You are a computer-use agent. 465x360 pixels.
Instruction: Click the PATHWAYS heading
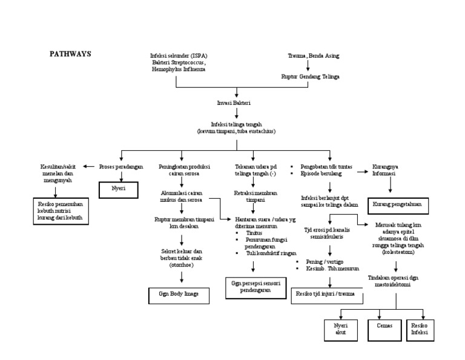pyautogui.click(x=70, y=53)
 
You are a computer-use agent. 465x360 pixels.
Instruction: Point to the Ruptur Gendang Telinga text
pyautogui.click(x=310, y=77)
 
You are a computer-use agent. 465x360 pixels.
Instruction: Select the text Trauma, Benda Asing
pyautogui.click(x=313, y=56)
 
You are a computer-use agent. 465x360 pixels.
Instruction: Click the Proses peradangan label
pyautogui.click(x=122, y=166)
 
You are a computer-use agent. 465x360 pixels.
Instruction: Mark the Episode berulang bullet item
pyautogui.click(x=321, y=173)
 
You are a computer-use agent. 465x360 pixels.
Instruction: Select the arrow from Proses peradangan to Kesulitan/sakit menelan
pyautogui.click(x=88, y=166)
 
